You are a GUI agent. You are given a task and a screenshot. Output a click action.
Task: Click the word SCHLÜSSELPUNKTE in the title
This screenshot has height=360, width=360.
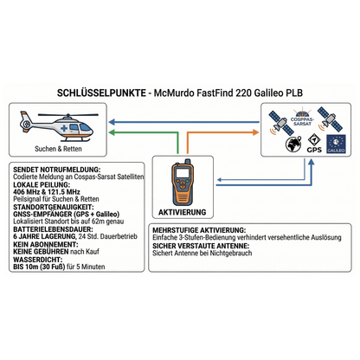(101, 93)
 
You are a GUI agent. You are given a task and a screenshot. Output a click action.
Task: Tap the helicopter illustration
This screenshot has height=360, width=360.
(58, 126)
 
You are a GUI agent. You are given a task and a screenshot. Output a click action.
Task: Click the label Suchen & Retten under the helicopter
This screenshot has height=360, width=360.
(58, 149)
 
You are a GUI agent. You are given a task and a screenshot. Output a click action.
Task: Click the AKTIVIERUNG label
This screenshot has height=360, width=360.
(183, 212)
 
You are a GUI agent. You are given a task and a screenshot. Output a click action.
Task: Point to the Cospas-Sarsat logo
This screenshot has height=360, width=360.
(302, 118)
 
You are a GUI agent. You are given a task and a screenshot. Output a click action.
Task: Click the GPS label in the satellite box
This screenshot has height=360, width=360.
(314, 150)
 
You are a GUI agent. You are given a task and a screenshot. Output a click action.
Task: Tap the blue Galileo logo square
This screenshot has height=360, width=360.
(336, 144)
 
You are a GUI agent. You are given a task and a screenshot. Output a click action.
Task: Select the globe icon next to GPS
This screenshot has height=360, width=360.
(293, 144)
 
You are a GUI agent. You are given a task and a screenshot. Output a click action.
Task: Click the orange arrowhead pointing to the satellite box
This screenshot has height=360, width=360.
(255, 132)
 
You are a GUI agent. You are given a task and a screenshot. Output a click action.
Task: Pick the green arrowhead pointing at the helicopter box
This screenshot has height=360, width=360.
(112, 132)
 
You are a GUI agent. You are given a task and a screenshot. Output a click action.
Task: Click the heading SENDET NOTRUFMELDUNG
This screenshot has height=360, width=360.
(57, 170)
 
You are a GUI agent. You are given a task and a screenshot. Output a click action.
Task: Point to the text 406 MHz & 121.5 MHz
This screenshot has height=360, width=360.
(47, 192)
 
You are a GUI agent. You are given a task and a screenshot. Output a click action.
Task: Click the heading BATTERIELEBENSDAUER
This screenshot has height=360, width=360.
(54, 229)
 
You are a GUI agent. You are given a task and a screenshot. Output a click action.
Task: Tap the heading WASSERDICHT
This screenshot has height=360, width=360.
(38, 260)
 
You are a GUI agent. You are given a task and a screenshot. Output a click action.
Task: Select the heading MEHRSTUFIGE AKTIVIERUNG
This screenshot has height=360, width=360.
(199, 230)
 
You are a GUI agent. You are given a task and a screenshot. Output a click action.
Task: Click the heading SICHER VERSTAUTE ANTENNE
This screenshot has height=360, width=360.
(201, 246)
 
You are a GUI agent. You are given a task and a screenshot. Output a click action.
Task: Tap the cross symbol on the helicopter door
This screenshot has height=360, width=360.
(64, 128)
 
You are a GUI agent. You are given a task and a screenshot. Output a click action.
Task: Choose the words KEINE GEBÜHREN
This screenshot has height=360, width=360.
(41, 252)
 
